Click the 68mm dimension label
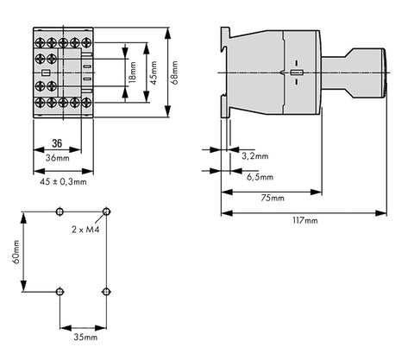174,73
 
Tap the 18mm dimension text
133,73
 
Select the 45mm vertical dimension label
154,73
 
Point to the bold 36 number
57,143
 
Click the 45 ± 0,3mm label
63,182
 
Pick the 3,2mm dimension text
255,156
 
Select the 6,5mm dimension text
260,177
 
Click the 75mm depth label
273,198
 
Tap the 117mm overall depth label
305,220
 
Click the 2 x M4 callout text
85,230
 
